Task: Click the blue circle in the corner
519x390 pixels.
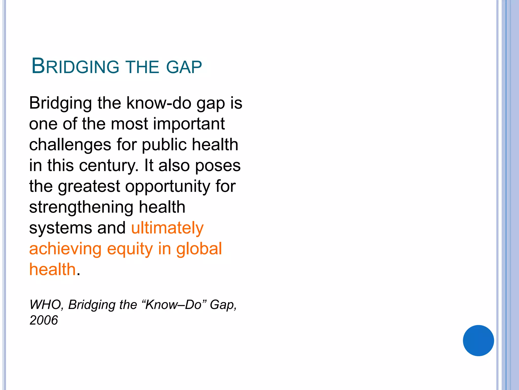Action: coord(478,340)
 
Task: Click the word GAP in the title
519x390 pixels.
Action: coord(184,67)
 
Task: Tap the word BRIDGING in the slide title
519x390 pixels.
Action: coord(75,67)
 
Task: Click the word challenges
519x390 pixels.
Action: coord(70,145)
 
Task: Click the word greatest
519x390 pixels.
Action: coord(89,187)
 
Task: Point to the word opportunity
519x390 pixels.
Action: coord(168,187)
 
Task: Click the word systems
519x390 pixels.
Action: coord(61,228)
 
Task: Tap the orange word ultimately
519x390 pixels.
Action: coord(167,228)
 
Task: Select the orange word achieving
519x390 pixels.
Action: coord(65,249)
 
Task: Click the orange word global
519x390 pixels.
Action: coord(199,249)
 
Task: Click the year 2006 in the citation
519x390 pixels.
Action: coord(44,320)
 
